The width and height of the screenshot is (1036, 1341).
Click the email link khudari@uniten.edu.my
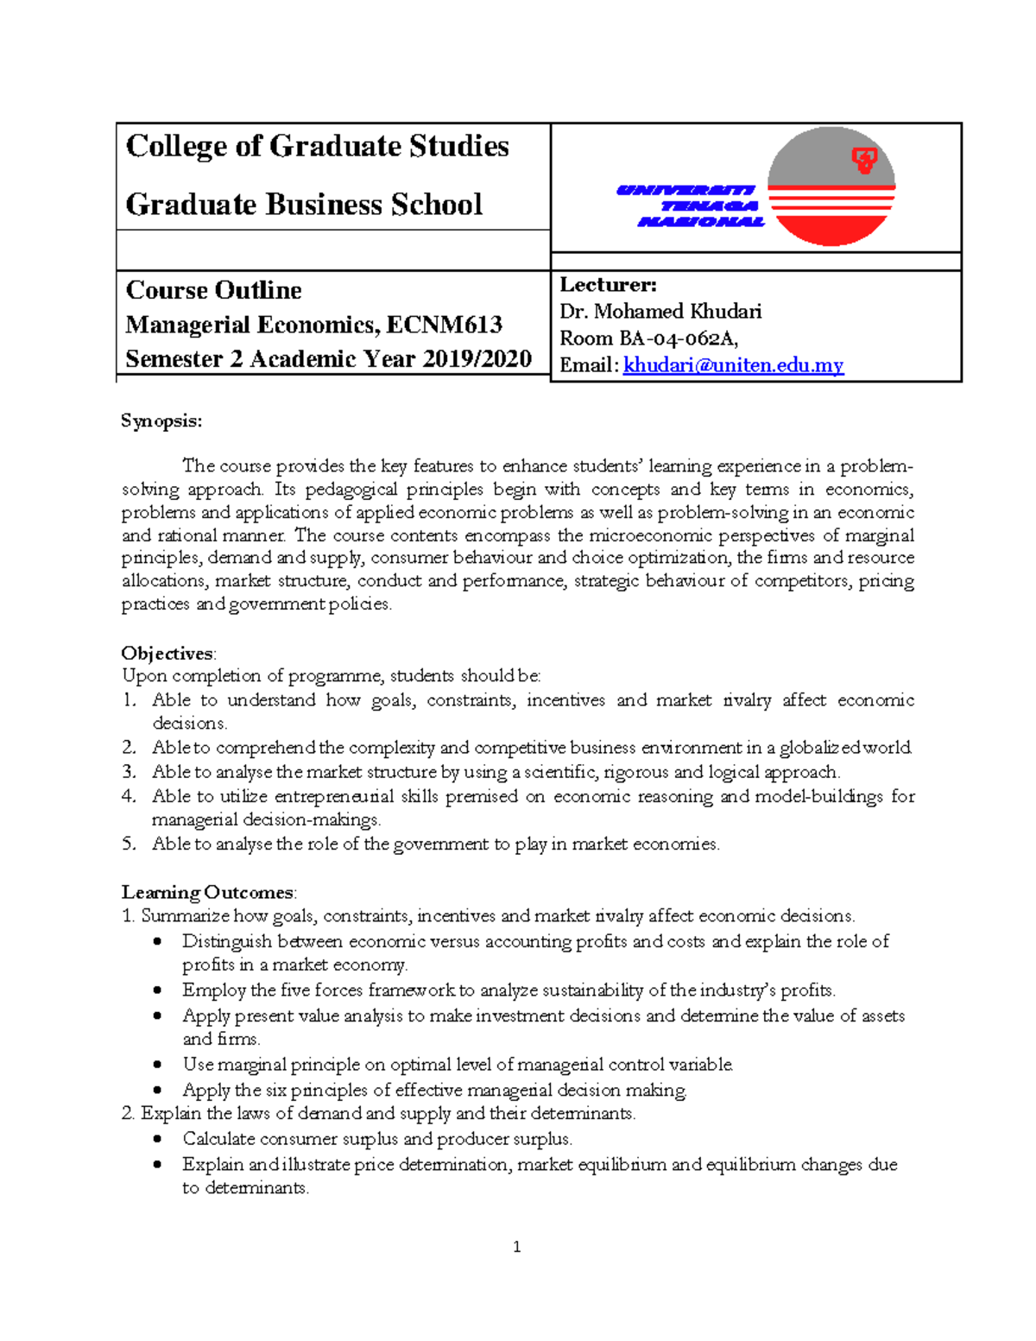click(x=733, y=365)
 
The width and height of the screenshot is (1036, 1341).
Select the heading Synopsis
click(x=161, y=421)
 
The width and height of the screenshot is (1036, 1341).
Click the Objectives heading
click(x=168, y=653)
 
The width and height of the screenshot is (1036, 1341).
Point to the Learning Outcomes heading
click(x=208, y=892)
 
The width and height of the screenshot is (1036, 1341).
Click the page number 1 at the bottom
click(x=516, y=1246)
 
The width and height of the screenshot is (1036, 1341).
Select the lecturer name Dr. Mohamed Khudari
click(x=660, y=311)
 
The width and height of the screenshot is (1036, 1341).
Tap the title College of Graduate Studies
click(x=317, y=146)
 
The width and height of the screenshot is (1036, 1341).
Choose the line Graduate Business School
click(x=304, y=205)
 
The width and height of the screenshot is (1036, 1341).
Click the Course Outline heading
click(x=213, y=290)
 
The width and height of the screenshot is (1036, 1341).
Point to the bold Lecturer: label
click(x=608, y=284)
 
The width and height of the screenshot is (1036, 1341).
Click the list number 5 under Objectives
click(x=129, y=844)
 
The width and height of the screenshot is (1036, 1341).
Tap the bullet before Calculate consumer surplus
click(x=157, y=1139)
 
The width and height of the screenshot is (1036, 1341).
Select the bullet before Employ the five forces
click(x=157, y=990)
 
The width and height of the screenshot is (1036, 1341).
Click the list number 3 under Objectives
click(x=129, y=772)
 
